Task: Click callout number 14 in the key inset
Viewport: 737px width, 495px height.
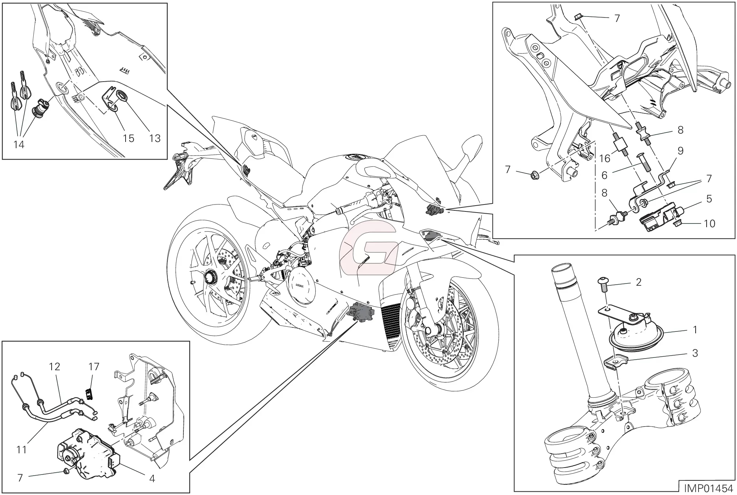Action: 19,145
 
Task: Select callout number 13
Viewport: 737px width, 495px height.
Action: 155,138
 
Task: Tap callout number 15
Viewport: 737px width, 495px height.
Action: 129,138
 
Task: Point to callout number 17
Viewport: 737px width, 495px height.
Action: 94,366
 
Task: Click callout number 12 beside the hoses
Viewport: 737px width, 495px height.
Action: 55,366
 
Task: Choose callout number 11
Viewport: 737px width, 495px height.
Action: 22,449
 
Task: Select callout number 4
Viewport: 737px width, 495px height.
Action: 152,478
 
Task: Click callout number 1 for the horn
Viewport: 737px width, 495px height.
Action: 695,330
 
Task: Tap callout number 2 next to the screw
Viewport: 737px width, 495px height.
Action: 639,282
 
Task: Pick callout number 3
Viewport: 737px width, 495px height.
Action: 695,353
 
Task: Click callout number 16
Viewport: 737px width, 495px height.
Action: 604,158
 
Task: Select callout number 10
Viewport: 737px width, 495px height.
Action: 709,223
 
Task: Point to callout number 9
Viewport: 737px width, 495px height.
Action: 680,151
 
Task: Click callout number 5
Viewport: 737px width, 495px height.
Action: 709,199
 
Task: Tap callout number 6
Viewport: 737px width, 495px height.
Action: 604,175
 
